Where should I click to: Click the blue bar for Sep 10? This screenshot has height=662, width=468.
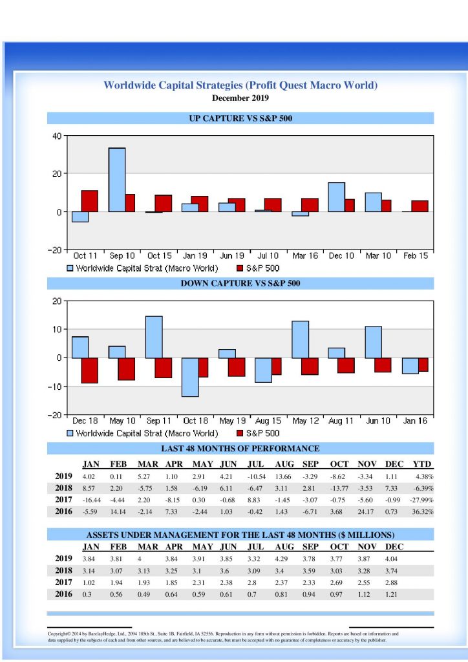pos(116,180)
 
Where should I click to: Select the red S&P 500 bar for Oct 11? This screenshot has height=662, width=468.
pos(89,201)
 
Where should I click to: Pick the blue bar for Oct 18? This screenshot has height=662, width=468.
pos(189,377)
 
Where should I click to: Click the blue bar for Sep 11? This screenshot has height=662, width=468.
pos(153,337)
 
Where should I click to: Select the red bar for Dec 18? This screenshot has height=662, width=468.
pos(89,370)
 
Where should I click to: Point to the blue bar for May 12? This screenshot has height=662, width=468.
pos(300,339)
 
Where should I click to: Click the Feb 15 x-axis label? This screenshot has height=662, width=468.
pos(415,256)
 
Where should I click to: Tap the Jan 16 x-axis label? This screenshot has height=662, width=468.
pos(415,421)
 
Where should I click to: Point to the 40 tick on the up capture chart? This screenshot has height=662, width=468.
pos(56,136)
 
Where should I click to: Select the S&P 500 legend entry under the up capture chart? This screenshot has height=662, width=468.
pos(258,268)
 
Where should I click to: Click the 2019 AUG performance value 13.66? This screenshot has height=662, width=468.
pos(284,476)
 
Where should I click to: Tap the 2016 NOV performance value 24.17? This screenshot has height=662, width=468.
pos(366,511)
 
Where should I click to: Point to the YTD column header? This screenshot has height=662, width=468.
pos(421,464)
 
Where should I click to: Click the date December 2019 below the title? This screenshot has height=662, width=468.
pos(240,98)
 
